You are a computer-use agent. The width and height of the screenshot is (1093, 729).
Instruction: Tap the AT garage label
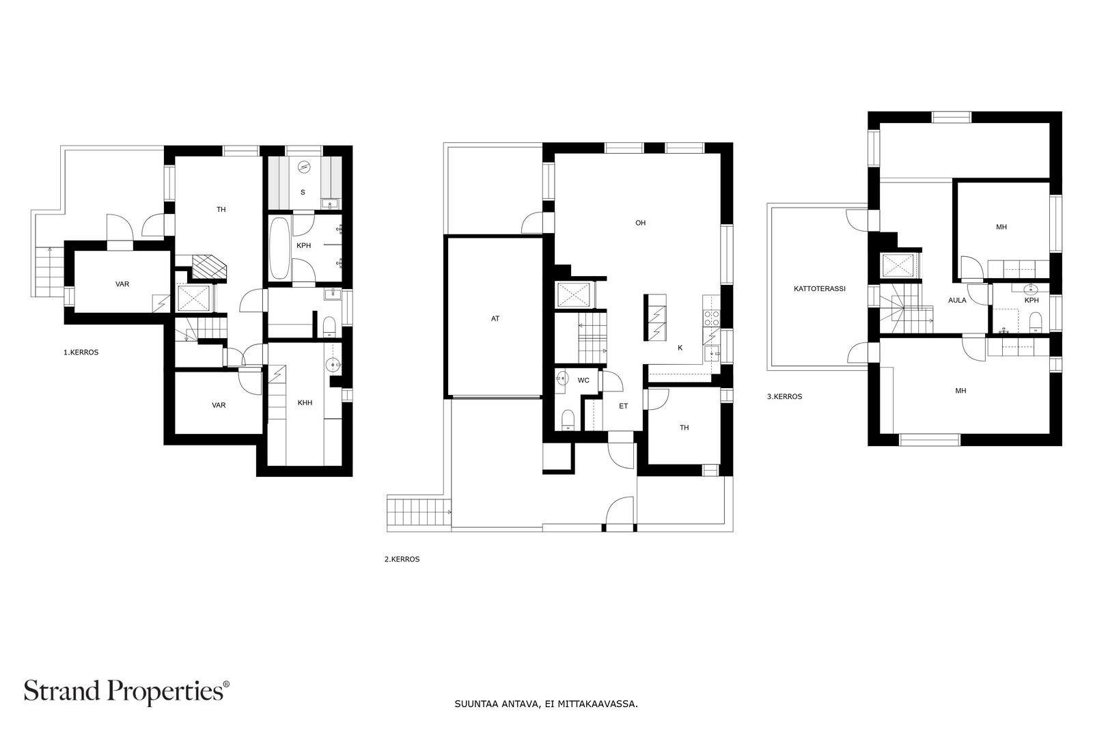pyautogui.click(x=495, y=318)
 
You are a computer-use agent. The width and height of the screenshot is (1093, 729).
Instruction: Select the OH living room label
pyautogui.click(x=640, y=223)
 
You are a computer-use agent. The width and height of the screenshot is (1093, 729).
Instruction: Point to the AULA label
pyautogui.click(x=957, y=301)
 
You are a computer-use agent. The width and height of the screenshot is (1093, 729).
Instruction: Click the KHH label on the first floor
pyautogui.click(x=305, y=403)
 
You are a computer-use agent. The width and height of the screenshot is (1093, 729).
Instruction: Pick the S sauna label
pyautogui.click(x=303, y=192)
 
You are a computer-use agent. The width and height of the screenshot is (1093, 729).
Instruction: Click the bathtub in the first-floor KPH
pyautogui.click(x=279, y=249)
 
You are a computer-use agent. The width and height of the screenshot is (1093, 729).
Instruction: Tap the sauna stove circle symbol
pyautogui.click(x=304, y=167)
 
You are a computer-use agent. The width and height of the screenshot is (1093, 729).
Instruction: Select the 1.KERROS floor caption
pyautogui.click(x=81, y=353)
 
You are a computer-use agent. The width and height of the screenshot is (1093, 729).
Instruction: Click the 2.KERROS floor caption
pyautogui.click(x=402, y=559)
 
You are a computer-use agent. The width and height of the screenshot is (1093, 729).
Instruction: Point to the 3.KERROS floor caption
pyautogui.click(x=785, y=397)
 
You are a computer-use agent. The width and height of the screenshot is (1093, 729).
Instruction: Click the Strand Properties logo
pyautogui.click(x=126, y=691)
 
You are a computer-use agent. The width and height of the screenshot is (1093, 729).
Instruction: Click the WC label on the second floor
pyautogui.click(x=583, y=381)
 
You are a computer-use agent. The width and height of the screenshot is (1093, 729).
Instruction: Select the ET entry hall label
pyautogui.click(x=623, y=406)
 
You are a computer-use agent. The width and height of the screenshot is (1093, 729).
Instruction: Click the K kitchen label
pyautogui.click(x=680, y=348)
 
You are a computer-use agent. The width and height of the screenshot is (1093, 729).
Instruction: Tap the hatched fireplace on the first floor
pyautogui.click(x=209, y=267)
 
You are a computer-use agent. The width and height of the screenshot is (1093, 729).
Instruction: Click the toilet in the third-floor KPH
pyautogui.click(x=1036, y=322)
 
